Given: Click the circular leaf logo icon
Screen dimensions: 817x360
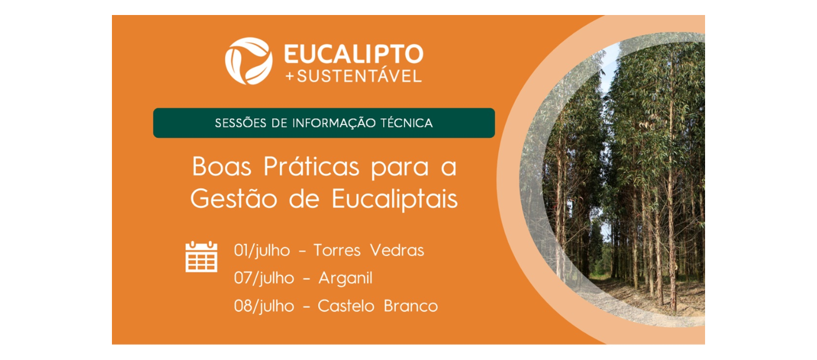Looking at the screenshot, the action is point(248,61).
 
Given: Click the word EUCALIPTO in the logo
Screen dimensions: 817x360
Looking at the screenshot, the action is point(354,54).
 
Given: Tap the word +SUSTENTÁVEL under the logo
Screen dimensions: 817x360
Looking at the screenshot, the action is point(354,76).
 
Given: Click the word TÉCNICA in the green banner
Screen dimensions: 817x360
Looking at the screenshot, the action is point(407,122).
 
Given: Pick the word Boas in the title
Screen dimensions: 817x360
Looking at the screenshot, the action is point(222,167).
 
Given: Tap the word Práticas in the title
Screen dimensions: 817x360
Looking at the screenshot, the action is point(312,167).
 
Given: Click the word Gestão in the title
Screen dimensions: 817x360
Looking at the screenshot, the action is point(234,199).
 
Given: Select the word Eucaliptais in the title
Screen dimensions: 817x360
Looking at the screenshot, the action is point(395,199).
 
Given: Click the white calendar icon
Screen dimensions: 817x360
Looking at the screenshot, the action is point(201,256).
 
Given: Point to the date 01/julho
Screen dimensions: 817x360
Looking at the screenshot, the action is point(262,250).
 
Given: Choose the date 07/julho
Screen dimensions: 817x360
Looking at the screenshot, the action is point(264,278).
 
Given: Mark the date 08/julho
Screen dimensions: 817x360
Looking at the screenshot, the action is point(264,306).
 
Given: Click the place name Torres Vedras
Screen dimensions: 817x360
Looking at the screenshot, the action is point(369,250).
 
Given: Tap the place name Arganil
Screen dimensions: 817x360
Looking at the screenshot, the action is point(346,279).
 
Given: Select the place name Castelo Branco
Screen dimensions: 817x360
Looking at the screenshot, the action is point(377,306).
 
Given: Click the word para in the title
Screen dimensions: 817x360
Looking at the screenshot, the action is point(400,168).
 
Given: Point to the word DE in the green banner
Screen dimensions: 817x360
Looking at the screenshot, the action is point(279,123).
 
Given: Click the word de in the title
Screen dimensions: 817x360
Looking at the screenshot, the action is point(304,199).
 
